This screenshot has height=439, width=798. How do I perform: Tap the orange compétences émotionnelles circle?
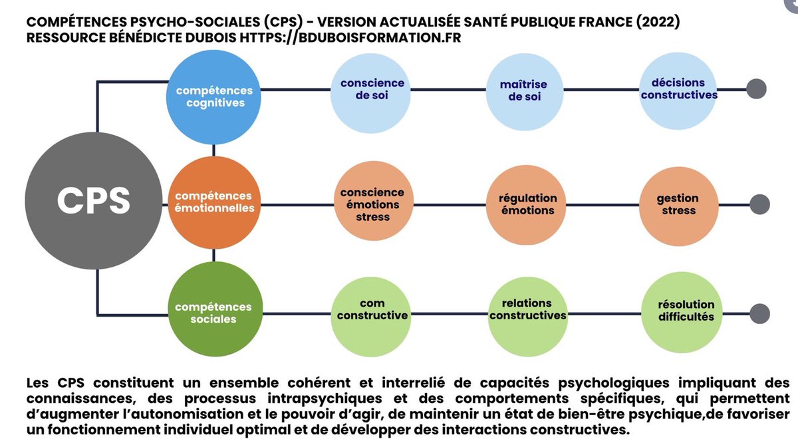[213, 202]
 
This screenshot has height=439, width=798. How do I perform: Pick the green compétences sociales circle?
[213, 313]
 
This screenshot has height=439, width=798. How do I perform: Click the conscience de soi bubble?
[372, 90]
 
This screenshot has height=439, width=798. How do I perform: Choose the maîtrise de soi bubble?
[524, 90]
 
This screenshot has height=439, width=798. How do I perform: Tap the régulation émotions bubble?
[527, 204]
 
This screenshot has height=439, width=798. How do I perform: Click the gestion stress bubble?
[677, 204]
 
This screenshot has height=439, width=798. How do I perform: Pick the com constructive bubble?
[372, 310]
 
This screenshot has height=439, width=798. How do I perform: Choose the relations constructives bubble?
[527, 310]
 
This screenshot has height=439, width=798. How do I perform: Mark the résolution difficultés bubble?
[677, 311]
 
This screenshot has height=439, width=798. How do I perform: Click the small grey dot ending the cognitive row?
[756, 88]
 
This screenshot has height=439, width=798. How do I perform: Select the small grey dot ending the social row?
[759, 313]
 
